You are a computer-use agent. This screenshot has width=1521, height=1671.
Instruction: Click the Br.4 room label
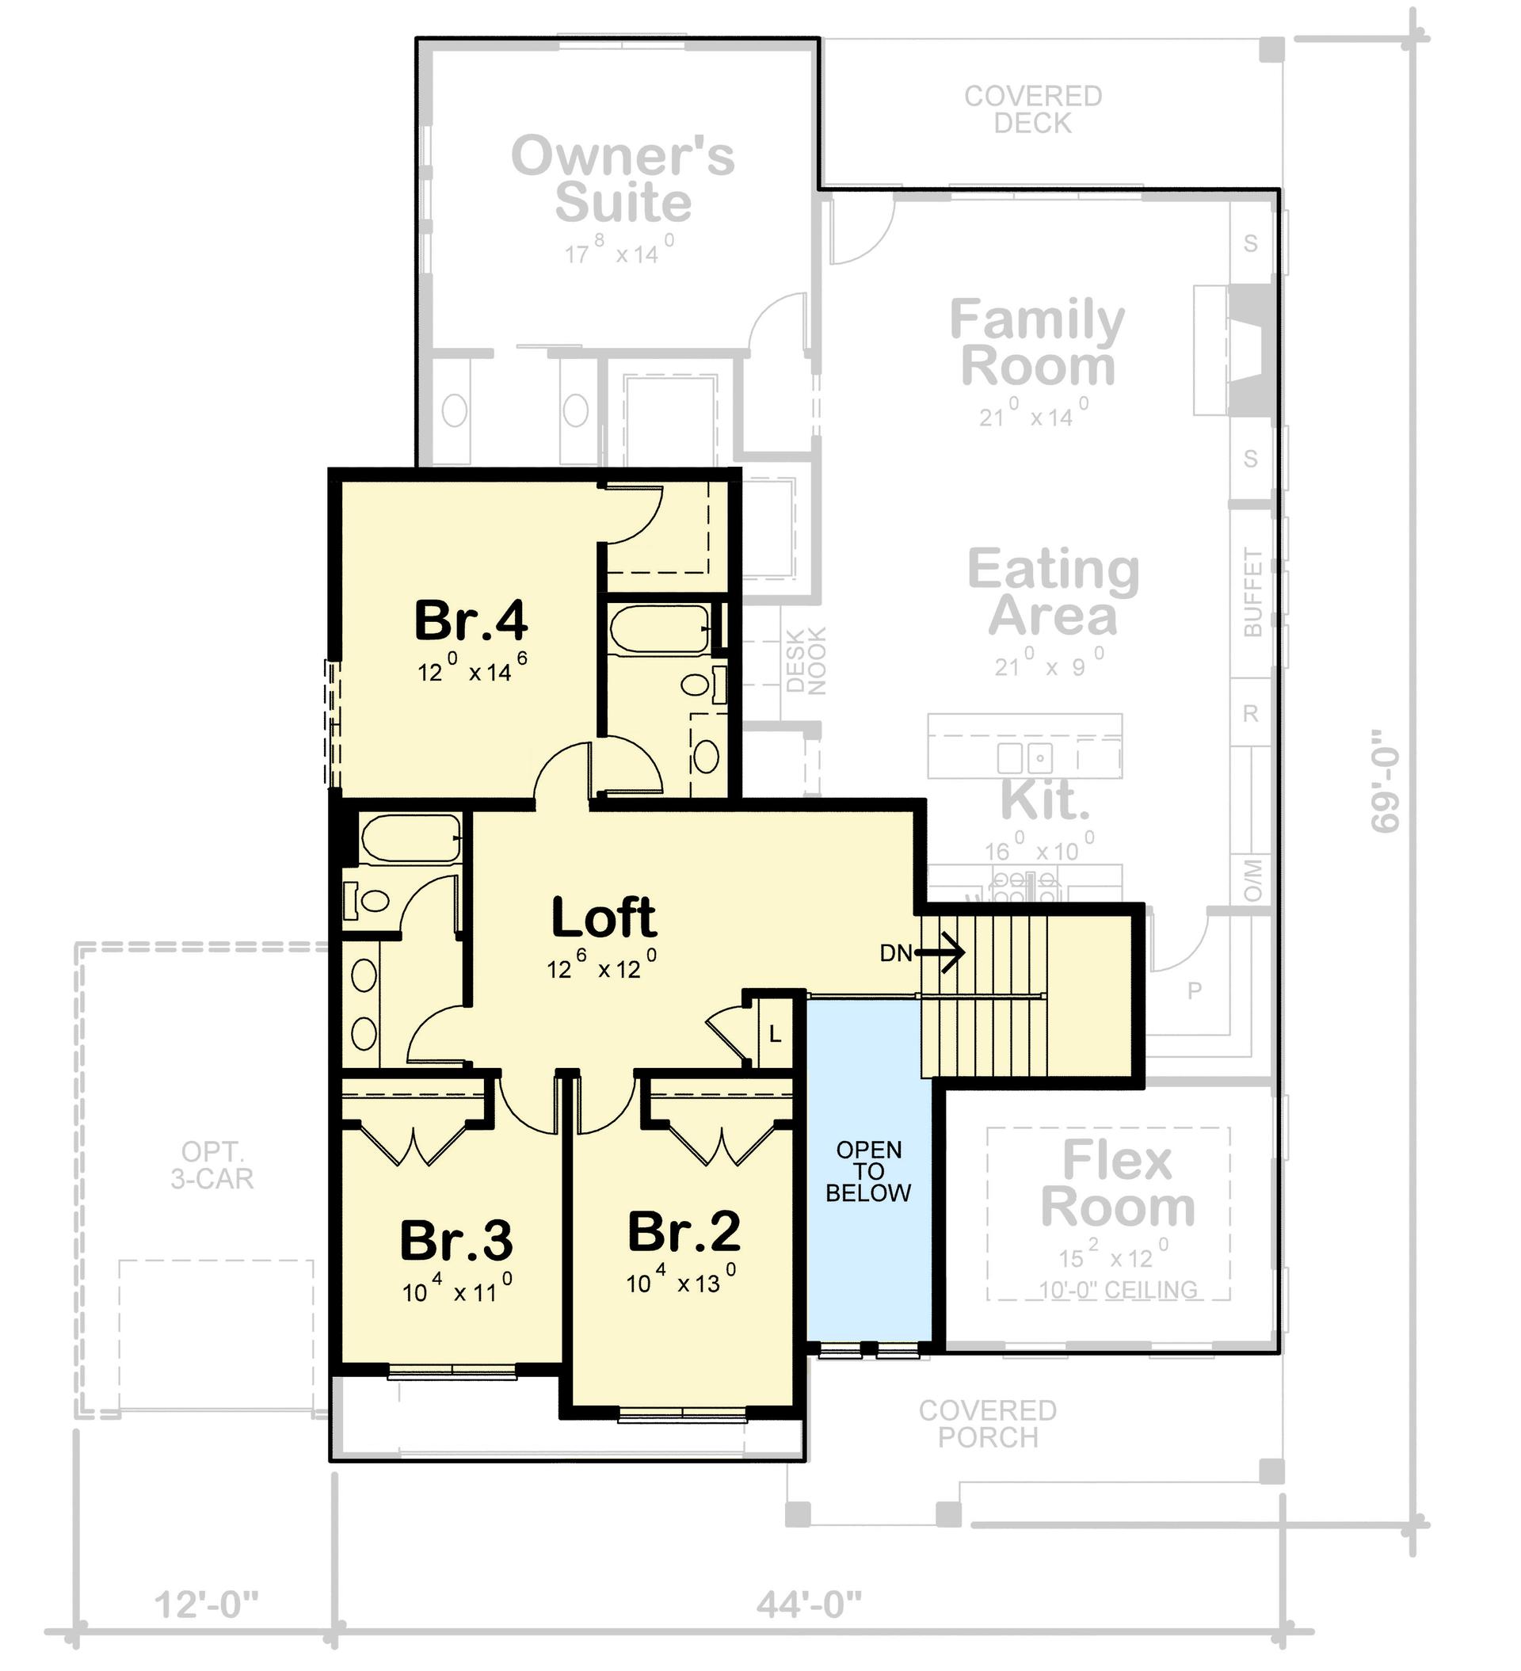coord(470,621)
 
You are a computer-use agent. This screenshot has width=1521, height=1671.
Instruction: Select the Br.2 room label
coord(684,1232)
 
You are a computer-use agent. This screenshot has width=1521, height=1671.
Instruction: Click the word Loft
coord(604,918)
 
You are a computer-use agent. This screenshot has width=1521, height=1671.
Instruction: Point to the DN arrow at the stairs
coord(939,952)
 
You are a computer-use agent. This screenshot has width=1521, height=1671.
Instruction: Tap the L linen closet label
coord(775,1034)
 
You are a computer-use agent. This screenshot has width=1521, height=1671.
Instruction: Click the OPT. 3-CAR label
coord(212,1165)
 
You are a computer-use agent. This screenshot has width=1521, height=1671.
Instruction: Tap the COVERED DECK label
coord(1033,109)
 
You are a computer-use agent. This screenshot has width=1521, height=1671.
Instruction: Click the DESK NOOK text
coord(806,661)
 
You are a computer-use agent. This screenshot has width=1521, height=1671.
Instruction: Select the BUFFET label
coord(1252,592)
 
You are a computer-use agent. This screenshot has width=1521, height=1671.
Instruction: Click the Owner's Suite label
coord(623,179)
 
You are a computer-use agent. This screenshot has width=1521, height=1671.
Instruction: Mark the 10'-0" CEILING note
coord(1118,1291)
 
